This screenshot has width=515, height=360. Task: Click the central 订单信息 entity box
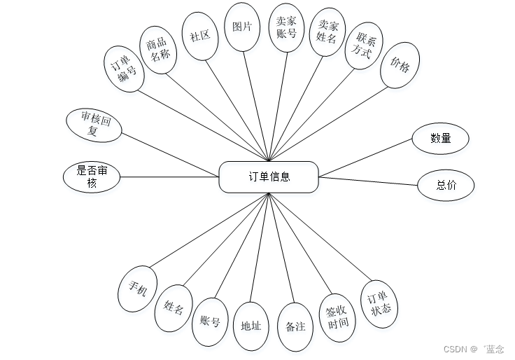(269, 176)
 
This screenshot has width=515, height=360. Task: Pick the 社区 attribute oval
(200, 35)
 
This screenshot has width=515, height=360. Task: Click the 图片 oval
(242, 27)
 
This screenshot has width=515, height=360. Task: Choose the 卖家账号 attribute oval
(286, 27)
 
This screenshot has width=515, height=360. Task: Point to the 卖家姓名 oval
(327, 32)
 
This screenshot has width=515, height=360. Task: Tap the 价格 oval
(401, 65)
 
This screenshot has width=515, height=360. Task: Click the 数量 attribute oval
(441, 138)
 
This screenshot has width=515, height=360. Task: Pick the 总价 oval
(446, 186)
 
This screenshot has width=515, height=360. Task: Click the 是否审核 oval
(92, 177)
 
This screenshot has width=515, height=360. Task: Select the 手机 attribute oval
(137, 288)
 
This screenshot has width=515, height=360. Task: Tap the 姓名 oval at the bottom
(174, 307)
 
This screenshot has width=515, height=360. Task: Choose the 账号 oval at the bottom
(210, 321)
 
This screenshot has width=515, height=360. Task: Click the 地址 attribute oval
(251, 326)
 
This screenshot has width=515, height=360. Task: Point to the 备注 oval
(295, 326)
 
